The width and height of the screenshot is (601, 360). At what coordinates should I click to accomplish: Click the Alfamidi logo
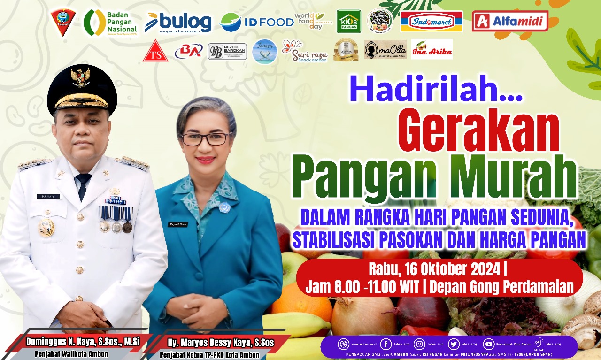[x=510, y=21]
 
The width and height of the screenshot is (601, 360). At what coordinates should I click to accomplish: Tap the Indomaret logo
[x=431, y=22]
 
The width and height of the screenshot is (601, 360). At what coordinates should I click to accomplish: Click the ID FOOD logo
[x=256, y=22]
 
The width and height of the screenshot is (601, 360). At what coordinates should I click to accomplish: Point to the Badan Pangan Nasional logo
[x=111, y=23]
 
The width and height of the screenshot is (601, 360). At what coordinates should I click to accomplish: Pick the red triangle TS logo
[x=155, y=52]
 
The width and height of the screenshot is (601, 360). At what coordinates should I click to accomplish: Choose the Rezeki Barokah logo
[x=227, y=52]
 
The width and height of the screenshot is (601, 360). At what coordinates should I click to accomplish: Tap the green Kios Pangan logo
[x=349, y=22]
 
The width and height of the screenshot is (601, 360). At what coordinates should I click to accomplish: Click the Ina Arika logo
[x=431, y=49]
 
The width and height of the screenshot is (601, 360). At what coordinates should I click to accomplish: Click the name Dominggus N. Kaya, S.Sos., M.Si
[x=82, y=341]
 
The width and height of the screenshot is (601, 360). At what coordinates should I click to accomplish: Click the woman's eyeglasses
[x=205, y=139]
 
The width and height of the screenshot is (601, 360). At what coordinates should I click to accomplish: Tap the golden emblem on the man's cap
[x=80, y=76]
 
